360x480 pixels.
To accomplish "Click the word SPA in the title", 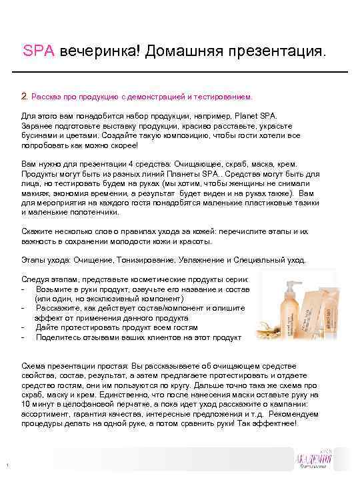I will click(38, 51).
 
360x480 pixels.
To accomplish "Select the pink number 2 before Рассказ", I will click(24, 96).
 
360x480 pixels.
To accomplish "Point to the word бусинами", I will click(39, 134).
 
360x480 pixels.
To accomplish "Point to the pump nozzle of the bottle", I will click(272, 278).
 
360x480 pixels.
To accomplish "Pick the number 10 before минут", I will click(26, 404).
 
